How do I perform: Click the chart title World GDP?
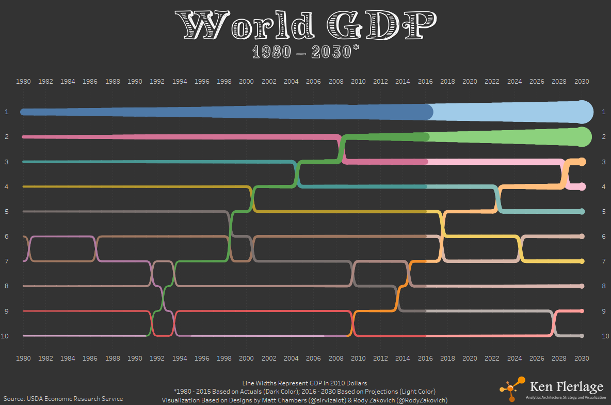pos(305,25)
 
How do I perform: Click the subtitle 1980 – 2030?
pos(305,52)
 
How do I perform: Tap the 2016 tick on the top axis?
pos(425,82)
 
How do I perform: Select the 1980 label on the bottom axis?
pos(23,358)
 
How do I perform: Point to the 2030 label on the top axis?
pos(582,82)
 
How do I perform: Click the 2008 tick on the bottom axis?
pos(336,358)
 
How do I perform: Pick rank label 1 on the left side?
pos(7,112)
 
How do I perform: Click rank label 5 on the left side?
pos(7,211)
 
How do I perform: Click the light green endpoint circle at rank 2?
pos(583,137)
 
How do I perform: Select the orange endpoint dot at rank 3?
pos(582,162)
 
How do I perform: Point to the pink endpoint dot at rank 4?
pos(582,186)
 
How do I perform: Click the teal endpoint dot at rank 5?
pos(582,211)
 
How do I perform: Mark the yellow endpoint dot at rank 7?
pos(582,261)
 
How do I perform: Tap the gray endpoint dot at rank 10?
pos(582,336)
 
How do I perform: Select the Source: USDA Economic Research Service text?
pos(63,398)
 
